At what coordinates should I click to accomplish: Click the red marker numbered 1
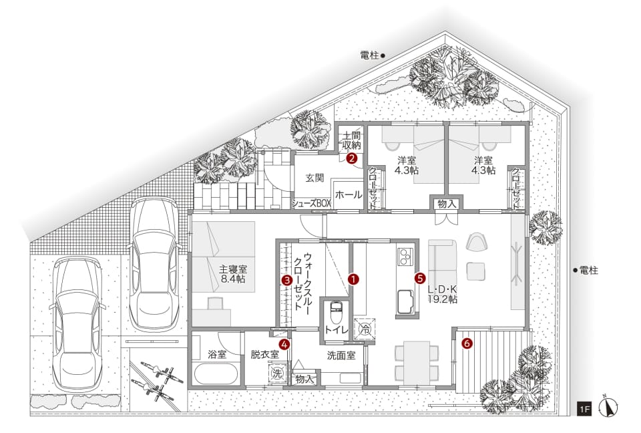(353, 279)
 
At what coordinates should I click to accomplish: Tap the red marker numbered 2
(351, 158)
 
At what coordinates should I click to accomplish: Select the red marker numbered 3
(287, 281)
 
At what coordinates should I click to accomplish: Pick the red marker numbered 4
(284, 344)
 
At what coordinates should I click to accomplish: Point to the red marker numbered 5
(419, 278)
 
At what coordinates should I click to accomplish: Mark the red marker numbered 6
(467, 343)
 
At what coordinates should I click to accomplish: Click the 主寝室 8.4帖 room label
(233, 275)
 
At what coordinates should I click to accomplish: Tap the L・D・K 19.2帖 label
(442, 294)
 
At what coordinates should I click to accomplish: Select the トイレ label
(336, 330)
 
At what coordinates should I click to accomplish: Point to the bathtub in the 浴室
(216, 374)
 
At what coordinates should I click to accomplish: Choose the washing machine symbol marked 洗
(277, 373)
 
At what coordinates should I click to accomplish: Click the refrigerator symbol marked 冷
(365, 328)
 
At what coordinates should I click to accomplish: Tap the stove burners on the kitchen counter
(405, 256)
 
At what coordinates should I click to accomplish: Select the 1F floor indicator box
(584, 409)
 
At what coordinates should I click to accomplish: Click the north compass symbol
(608, 406)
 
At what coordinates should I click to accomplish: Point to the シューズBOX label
(311, 203)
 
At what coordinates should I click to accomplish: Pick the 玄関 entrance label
(314, 178)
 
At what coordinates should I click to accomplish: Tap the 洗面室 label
(341, 355)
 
